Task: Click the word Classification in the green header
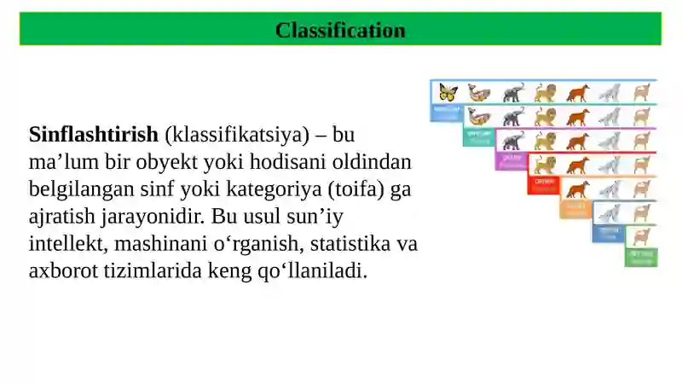[340, 31]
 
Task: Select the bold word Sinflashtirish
[94, 135]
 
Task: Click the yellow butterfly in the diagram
[448, 92]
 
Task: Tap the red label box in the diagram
[543, 184]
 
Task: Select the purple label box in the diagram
[511, 160]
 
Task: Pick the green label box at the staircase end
[640, 257]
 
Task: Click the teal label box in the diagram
[478, 136]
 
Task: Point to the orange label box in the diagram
[575, 209]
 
